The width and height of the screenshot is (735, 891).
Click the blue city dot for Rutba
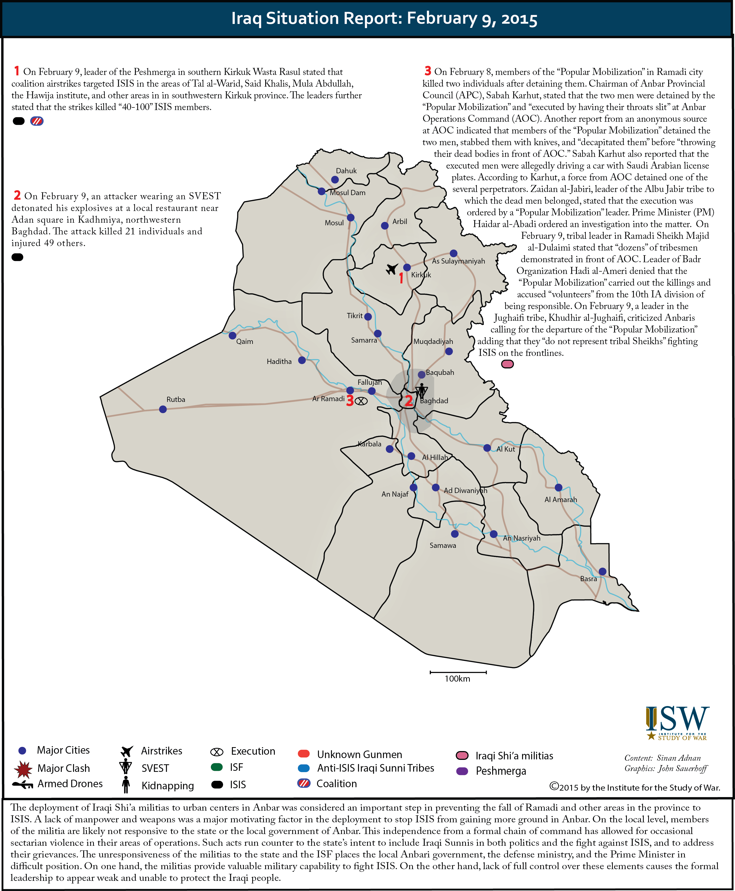(162, 409)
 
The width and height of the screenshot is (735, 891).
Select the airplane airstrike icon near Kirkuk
(392, 269)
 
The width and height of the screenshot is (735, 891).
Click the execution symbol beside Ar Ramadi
(361, 401)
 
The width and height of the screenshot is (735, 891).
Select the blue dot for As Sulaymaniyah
(453, 253)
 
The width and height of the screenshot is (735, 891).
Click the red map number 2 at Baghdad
(408, 400)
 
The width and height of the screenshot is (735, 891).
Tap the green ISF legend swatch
(217, 767)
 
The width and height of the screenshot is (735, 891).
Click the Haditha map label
(279, 361)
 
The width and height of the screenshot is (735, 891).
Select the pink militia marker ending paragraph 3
(507, 364)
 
